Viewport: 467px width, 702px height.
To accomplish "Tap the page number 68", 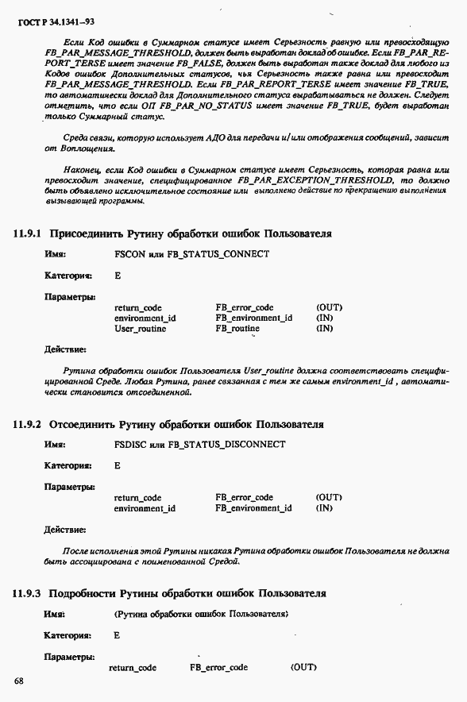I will tap(18, 681).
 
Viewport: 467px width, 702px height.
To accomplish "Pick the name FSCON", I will tap(128, 254).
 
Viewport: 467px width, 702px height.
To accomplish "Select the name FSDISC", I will tap(129, 445).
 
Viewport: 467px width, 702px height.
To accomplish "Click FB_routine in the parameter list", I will tap(237, 329).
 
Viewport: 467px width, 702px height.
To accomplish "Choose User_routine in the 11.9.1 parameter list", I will tap(140, 329).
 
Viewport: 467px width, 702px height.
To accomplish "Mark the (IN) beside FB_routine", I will tap(324, 329).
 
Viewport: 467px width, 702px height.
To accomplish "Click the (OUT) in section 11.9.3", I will tap(304, 668).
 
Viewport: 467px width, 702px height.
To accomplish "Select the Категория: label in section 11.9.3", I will tap(68, 635).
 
